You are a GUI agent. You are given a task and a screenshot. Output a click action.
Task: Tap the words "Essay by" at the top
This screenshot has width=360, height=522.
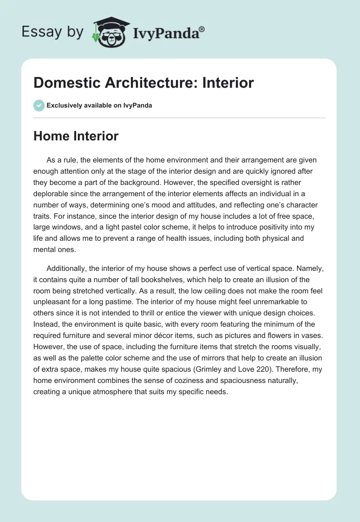pyautogui.click(x=53, y=32)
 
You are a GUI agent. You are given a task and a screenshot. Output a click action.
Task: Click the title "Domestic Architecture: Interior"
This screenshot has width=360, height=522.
pyautogui.click(x=144, y=82)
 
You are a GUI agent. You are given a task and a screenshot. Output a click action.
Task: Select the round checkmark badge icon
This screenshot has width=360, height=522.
pyautogui.click(x=39, y=105)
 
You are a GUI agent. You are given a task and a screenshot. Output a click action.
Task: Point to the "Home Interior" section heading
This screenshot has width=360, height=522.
pyautogui.click(x=76, y=135)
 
